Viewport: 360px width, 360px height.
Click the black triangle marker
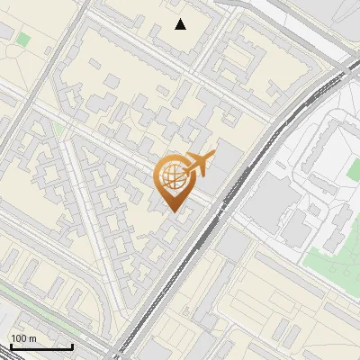[181, 24]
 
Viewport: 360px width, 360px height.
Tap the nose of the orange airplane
[212, 155]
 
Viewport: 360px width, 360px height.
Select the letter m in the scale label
[32, 338]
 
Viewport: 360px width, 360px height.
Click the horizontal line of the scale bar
[40, 346]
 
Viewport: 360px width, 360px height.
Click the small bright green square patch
[22, 40]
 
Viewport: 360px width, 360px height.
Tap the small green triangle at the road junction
[59, 130]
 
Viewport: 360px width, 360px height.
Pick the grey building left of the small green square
[5, 32]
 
